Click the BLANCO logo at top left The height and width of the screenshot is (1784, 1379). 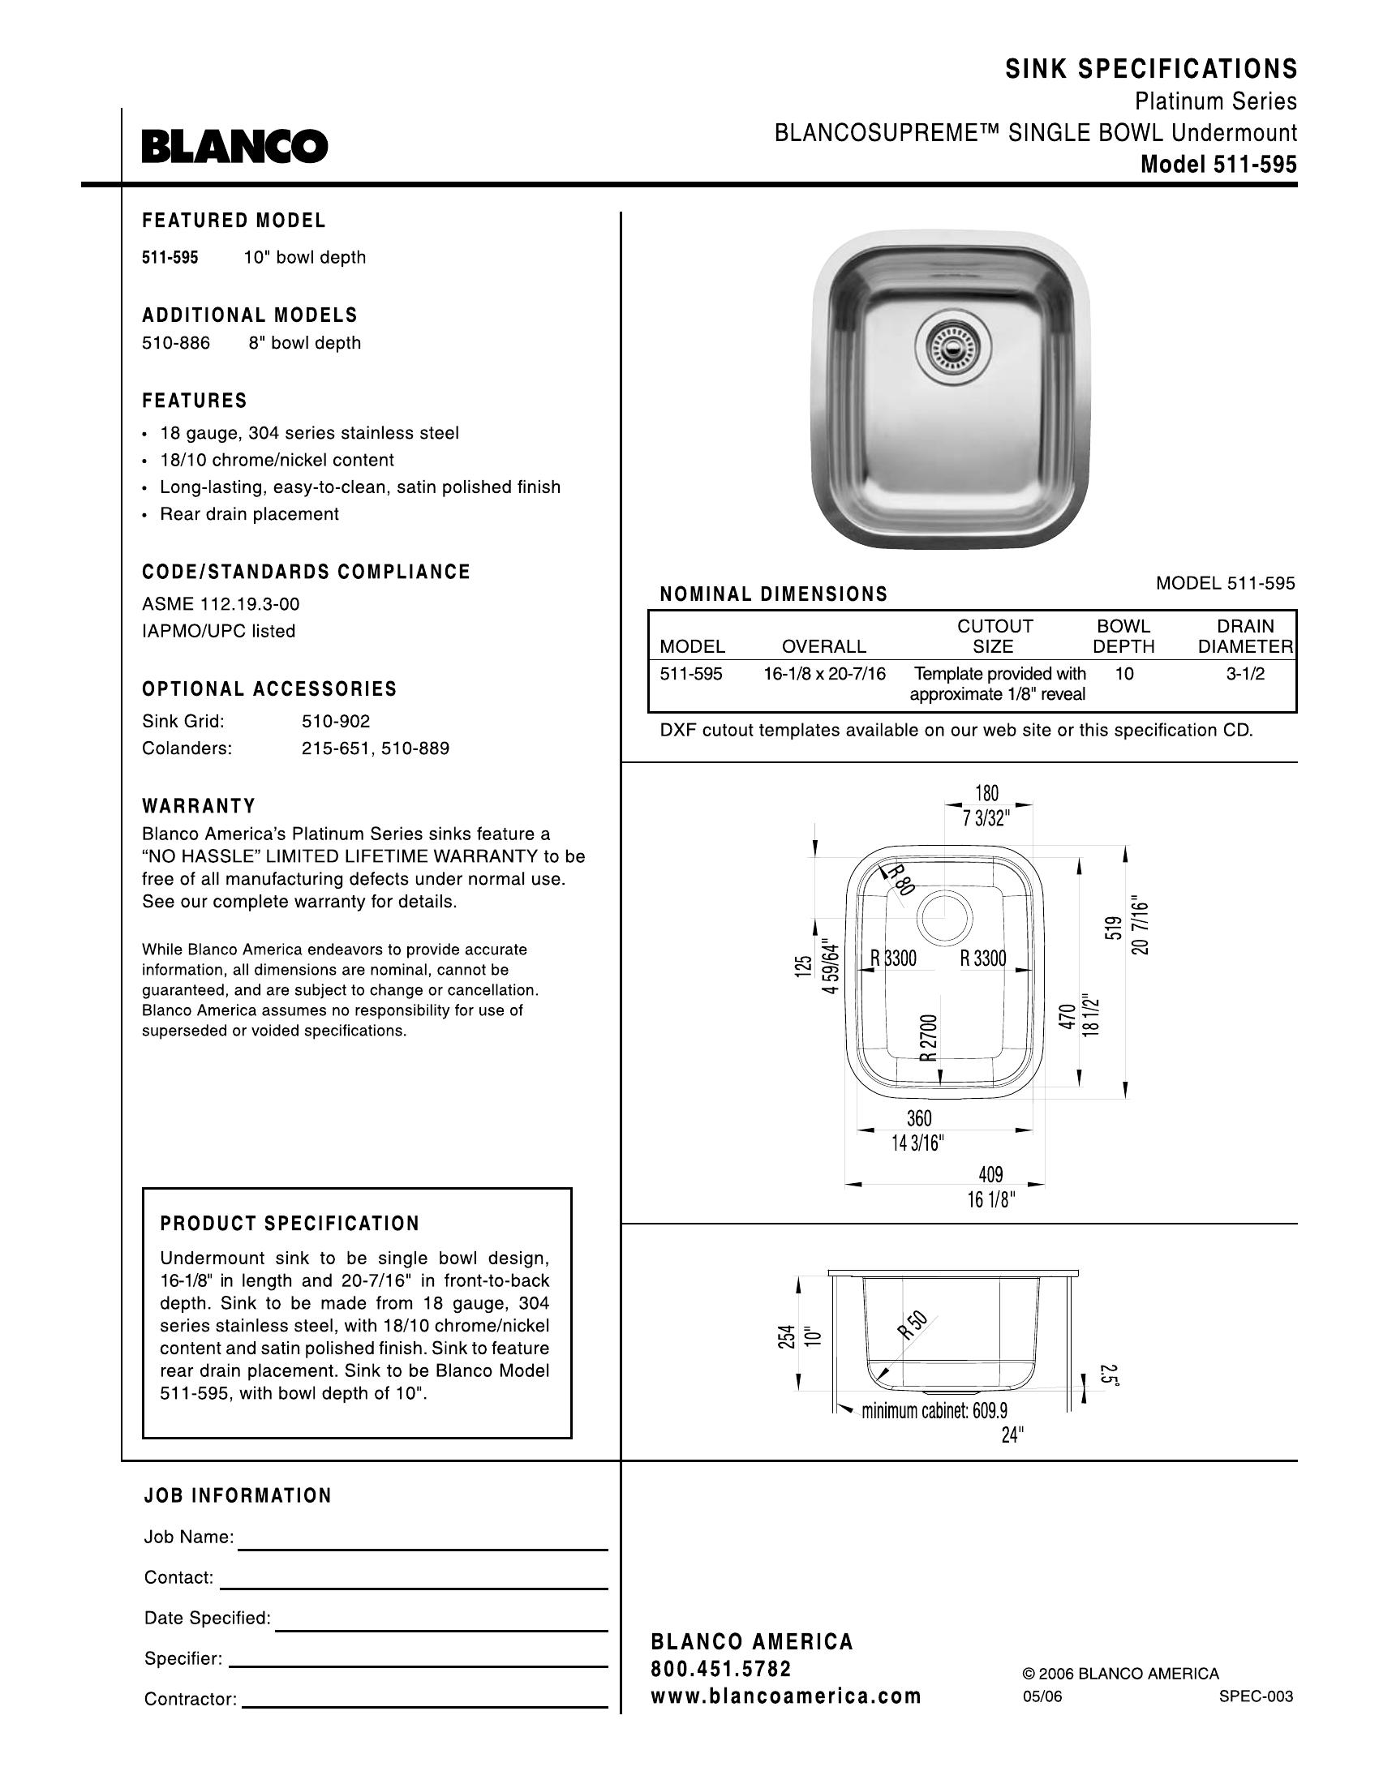[234, 147]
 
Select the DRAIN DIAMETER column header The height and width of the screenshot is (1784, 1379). [1245, 637]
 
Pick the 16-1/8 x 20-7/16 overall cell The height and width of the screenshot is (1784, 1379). [824, 674]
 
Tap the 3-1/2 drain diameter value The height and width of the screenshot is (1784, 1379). [1245, 674]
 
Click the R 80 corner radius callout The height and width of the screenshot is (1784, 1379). [898, 880]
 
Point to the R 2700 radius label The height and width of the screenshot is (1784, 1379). [929, 1037]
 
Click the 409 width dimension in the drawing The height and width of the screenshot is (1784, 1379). [990, 1175]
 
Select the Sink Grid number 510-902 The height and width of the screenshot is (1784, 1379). [336, 721]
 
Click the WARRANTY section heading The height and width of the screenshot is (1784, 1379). [199, 806]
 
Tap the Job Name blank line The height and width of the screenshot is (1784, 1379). [423, 1549]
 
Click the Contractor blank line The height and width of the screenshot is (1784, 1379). [425, 1706]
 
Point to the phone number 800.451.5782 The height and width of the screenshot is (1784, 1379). [721, 1668]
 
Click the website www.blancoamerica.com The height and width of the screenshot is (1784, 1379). [786, 1696]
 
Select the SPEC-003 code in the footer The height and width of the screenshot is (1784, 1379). [1256, 1696]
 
